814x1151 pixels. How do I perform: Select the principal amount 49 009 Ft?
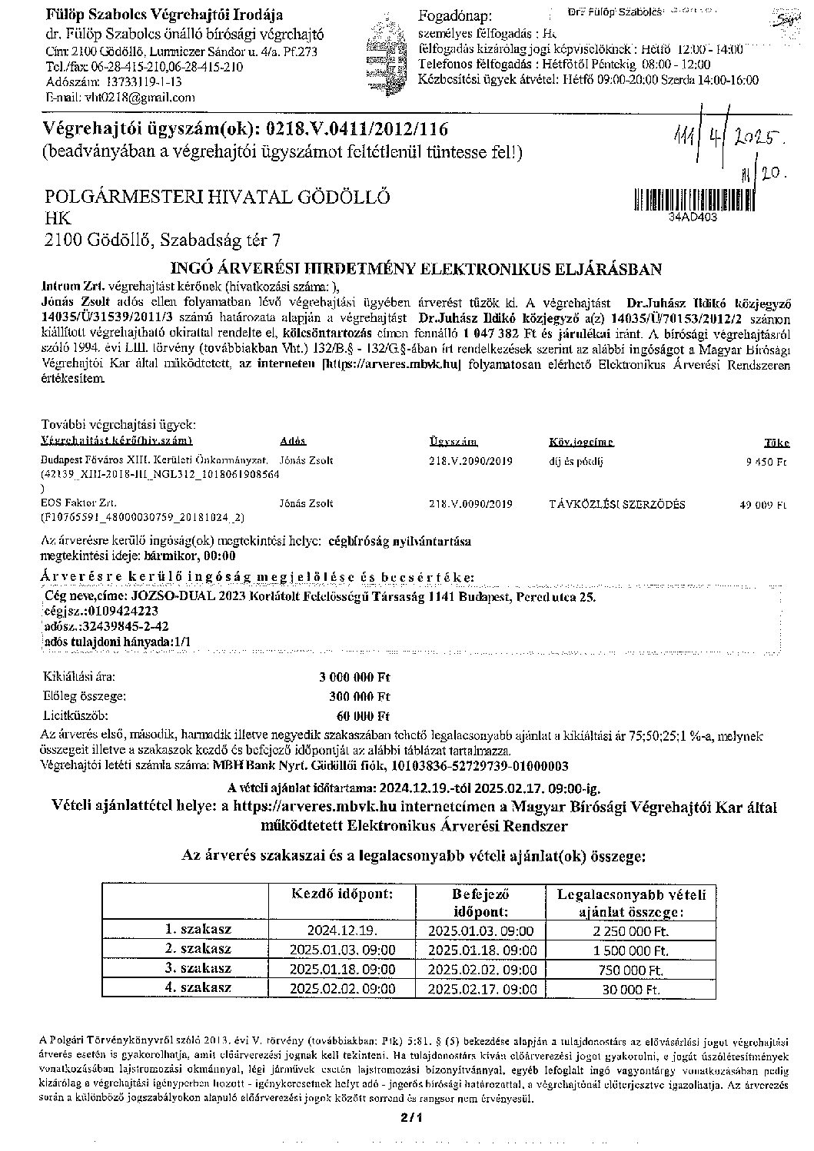click(766, 505)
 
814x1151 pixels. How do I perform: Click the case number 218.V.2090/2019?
click(470, 461)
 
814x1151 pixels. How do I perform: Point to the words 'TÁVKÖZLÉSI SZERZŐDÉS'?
click(617, 505)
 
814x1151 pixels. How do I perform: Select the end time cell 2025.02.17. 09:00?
click(482, 988)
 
